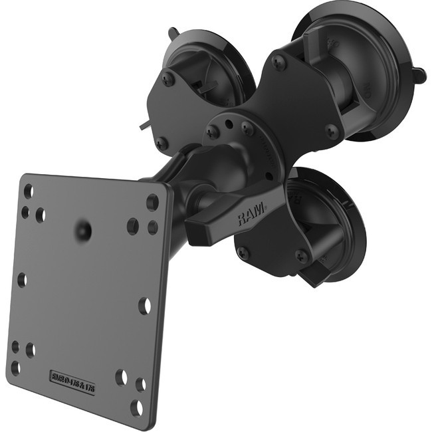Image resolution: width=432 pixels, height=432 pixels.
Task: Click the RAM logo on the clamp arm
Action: pos(249,215)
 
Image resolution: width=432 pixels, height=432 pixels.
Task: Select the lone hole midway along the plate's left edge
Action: pos(22,279)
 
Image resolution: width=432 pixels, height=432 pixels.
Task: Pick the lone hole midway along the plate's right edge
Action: pos(144,305)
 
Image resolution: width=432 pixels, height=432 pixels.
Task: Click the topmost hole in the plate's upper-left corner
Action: pos(28,191)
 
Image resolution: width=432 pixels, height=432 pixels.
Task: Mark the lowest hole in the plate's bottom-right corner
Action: pos(136,407)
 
